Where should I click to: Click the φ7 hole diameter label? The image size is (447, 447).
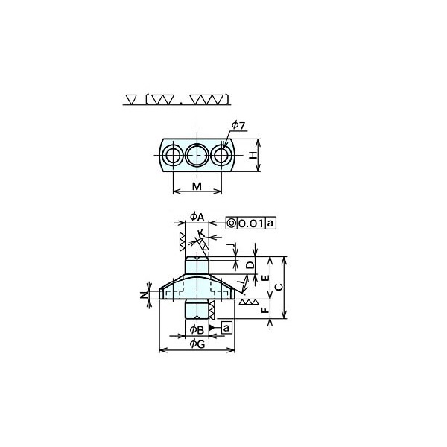coord(238,125)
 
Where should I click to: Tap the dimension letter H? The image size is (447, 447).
coord(253,156)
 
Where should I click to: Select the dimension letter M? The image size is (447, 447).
coord(197,186)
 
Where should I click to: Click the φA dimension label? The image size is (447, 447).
coord(197,217)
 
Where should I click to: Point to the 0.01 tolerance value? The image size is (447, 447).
coord(251,223)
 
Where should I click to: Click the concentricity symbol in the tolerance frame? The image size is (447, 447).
coord(232,223)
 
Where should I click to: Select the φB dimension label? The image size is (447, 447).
coord(197,330)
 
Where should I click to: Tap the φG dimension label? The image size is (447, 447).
coord(197,344)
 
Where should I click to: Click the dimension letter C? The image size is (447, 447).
coord(279,287)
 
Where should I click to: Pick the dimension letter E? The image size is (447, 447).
coord(265,278)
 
